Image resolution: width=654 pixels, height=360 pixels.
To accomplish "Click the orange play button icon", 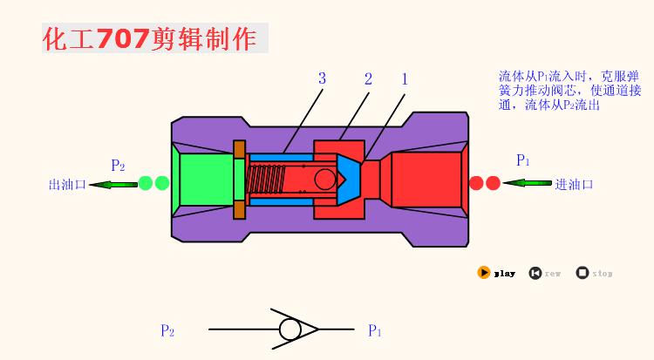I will pyautogui.click(x=484, y=273).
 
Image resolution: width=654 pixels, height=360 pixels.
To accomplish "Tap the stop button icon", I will pyautogui.click(x=582, y=273).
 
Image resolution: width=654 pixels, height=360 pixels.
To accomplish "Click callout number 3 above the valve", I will pyautogui.click(x=322, y=78).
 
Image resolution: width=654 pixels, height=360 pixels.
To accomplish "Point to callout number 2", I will pyautogui.click(x=368, y=78).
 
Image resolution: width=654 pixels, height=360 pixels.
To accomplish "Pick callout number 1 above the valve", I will pyautogui.click(x=405, y=78).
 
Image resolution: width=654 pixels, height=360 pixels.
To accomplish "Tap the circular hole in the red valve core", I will pyautogui.click(x=325, y=180).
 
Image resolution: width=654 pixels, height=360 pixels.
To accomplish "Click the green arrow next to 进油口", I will pyautogui.click(x=527, y=184).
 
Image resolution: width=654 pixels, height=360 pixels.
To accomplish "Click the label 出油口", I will pyautogui.click(x=65, y=184).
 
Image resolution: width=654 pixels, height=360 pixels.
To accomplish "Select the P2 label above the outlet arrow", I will pyautogui.click(x=118, y=165).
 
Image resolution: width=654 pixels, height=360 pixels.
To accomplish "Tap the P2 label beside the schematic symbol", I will pyautogui.click(x=167, y=330).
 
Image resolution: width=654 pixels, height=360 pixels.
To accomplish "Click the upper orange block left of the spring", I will pyautogui.click(x=239, y=149).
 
